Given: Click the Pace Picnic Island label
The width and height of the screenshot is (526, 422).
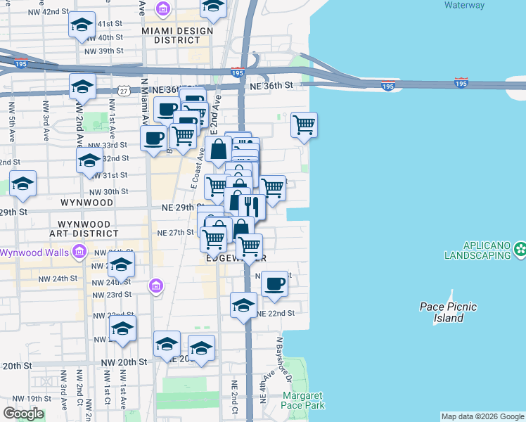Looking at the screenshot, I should point(448,312).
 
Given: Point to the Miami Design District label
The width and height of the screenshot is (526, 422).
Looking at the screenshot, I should point(171,35).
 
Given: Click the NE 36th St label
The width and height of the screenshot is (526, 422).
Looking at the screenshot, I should point(271,85).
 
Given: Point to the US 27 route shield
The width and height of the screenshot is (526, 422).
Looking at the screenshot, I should point(124,91).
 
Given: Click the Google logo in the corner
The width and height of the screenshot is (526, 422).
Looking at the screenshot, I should point(23,414).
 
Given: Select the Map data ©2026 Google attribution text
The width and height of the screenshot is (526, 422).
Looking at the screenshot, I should point(482,416).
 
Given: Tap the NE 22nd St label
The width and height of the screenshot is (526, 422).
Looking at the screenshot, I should point(275,313).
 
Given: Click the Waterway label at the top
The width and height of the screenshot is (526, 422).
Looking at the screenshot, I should point(464,5).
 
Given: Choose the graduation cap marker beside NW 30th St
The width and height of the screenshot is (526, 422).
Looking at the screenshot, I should point(23,184).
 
